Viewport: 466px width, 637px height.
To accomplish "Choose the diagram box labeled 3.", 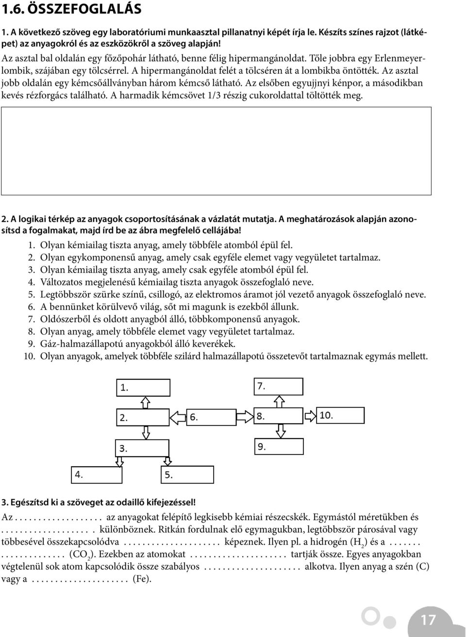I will (x=143, y=448).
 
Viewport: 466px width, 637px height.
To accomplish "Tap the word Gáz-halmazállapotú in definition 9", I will (x=79, y=344).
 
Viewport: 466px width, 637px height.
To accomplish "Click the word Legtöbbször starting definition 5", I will (x=67, y=294).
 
